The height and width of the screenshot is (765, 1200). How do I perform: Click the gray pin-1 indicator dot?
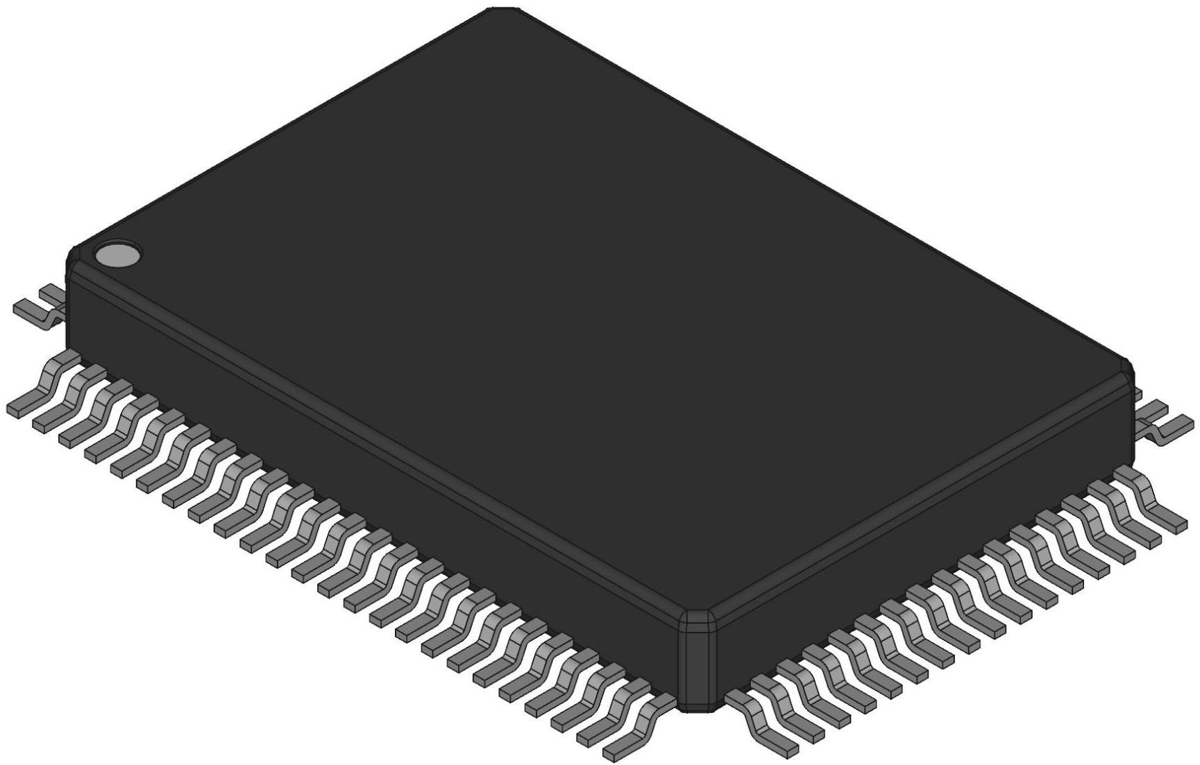click(117, 255)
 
